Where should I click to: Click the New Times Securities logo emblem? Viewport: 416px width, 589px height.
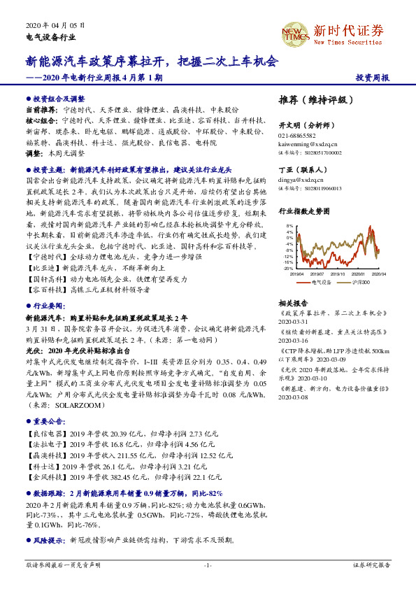coord(294,31)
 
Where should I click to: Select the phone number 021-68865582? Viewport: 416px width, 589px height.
coord(297,136)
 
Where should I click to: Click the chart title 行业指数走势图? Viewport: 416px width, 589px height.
coord(303,209)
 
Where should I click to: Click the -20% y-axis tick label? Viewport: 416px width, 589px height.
coord(288,268)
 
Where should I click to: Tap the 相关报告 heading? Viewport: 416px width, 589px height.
coord(293,303)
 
